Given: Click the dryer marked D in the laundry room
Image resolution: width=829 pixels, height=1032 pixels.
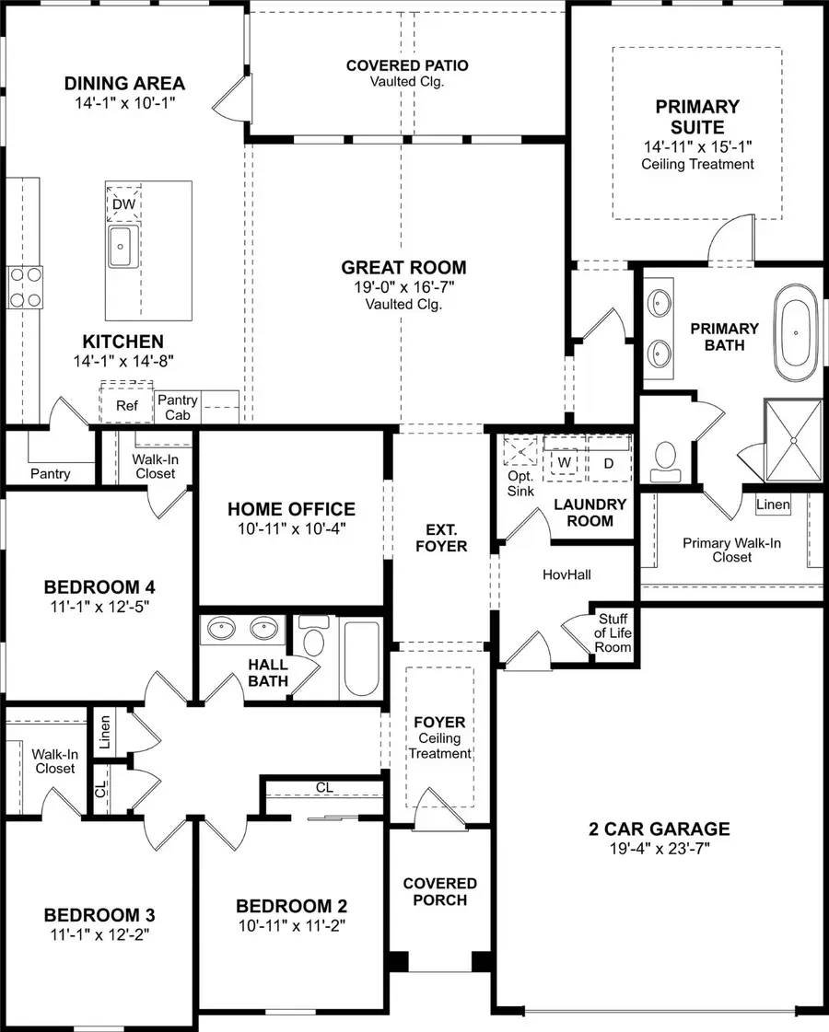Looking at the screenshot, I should [x=608, y=461].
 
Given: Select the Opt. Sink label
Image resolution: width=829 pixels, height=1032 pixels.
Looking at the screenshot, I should [x=520, y=483].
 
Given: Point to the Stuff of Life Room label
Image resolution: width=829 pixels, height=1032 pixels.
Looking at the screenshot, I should [x=614, y=633].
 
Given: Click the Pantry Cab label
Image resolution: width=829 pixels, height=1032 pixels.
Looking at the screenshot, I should [x=177, y=407].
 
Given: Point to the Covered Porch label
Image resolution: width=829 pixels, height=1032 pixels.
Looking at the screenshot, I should [x=440, y=891].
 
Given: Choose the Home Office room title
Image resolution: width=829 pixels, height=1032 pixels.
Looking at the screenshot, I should [x=291, y=509].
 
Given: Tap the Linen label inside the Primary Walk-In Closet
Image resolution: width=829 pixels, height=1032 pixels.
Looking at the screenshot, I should [x=772, y=504].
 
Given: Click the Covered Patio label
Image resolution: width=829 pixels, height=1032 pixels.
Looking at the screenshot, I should [x=407, y=73].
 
